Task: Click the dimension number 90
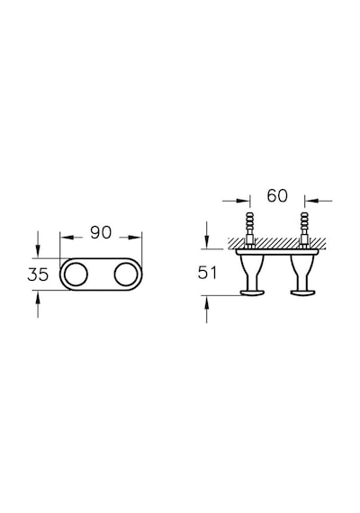tap(101, 232)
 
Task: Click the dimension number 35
tap(38, 274)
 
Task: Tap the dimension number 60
tap(277, 195)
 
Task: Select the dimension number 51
tap(208, 273)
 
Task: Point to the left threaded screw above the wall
tap(249, 229)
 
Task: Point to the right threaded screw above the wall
tap(304, 229)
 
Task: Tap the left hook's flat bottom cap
tap(252, 292)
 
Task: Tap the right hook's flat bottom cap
tap(302, 292)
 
